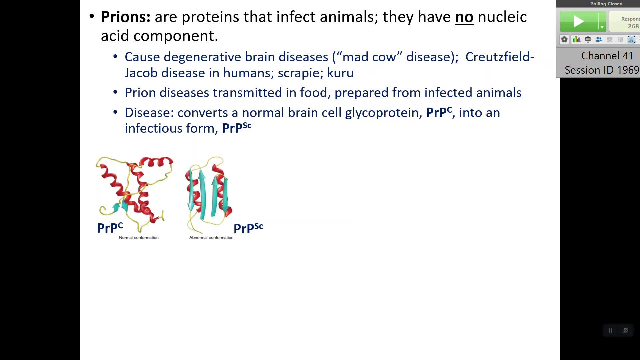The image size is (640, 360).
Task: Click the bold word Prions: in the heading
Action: [x=126, y=17]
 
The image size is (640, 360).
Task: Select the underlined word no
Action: [x=464, y=17]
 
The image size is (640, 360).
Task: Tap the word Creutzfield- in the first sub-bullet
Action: [x=500, y=57]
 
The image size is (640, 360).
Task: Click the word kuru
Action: [x=340, y=73]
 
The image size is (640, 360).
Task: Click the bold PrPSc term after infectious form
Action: [x=237, y=128]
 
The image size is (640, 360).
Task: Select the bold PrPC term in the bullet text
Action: [x=439, y=112]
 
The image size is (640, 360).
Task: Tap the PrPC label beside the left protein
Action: [x=110, y=228]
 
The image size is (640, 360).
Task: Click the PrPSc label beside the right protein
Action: [x=248, y=228]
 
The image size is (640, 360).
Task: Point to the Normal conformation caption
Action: [x=139, y=238]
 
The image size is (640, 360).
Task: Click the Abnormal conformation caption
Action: [x=211, y=238]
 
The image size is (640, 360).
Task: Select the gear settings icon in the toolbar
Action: [x=564, y=40]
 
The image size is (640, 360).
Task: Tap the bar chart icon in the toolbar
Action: [x=577, y=40]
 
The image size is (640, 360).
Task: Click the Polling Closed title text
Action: [x=606, y=4]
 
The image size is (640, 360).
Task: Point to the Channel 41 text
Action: [x=607, y=56]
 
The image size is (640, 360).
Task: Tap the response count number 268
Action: [x=633, y=26]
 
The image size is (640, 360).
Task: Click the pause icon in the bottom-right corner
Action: [x=611, y=330]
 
